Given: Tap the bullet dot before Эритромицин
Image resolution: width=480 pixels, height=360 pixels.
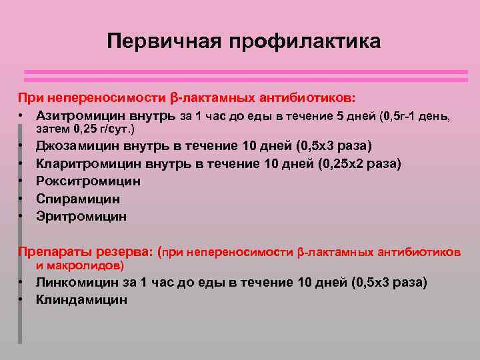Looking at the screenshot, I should point(21,217).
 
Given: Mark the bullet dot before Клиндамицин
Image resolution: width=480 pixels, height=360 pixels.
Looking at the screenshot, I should point(21,300).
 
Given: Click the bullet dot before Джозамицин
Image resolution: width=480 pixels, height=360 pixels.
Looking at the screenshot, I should point(21,146).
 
